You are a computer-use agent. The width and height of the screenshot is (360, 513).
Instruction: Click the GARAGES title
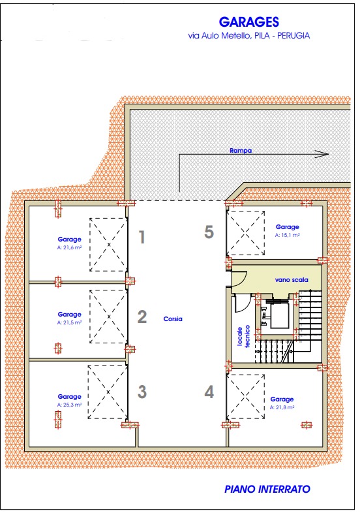pyautogui.click(x=249, y=22)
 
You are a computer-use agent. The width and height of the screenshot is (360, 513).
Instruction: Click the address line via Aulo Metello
pyautogui.click(x=249, y=35)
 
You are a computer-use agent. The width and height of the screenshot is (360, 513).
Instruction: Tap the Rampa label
pyautogui.click(x=241, y=151)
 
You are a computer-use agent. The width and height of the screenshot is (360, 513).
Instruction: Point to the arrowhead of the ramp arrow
pyautogui.click(x=322, y=154)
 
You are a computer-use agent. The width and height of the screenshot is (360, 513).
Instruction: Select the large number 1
pyautogui.click(x=142, y=237)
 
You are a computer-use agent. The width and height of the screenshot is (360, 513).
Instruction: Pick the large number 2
pyautogui.click(x=142, y=317)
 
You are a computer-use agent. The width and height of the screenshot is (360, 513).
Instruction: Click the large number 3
pyautogui.click(x=142, y=392)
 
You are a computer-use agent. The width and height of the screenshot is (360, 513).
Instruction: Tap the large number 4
pyautogui.click(x=209, y=392)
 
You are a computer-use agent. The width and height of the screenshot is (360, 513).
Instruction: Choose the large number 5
pyautogui.click(x=209, y=232)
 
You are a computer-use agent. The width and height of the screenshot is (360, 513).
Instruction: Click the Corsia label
pyautogui.click(x=173, y=319)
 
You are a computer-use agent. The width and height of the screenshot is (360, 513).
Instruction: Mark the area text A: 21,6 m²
pyautogui.click(x=69, y=247)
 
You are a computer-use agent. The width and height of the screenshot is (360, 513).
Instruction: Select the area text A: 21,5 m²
pyautogui.click(x=69, y=322)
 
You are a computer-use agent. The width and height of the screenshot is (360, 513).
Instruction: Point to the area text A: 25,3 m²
pyautogui.click(x=69, y=405)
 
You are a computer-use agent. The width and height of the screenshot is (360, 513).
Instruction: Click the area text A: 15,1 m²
pyautogui.click(x=288, y=235)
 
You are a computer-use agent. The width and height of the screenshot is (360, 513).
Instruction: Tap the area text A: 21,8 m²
pyautogui.click(x=282, y=407)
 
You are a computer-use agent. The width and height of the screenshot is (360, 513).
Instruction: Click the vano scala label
pyautogui.click(x=292, y=280)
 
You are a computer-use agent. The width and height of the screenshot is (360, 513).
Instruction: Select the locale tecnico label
pyautogui.click(x=244, y=336)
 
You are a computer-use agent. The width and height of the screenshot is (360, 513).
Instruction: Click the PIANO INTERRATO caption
pyautogui.click(x=267, y=489)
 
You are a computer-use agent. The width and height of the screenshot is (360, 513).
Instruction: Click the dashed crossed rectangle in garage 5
pyautogui.click(x=246, y=233)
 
